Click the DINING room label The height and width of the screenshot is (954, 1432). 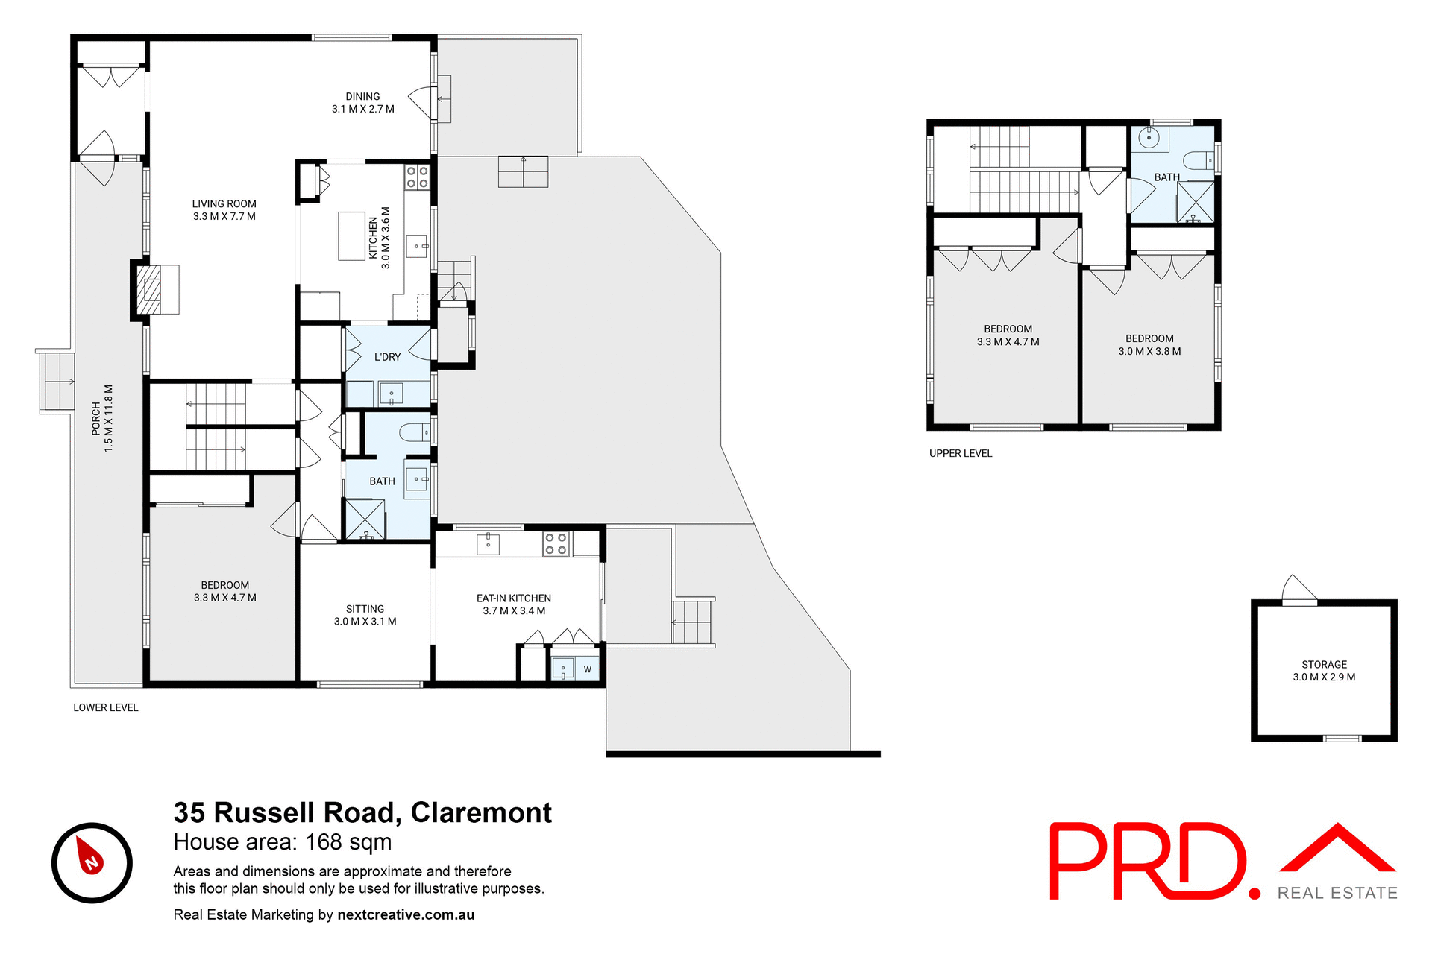point(362,102)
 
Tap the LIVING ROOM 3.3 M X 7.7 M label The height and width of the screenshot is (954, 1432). point(224,209)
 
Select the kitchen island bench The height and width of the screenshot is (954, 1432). point(351,236)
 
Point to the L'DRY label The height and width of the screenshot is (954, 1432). point(387,357)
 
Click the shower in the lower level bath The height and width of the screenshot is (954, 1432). point(365,519)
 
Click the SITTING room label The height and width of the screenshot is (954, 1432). point(365,615)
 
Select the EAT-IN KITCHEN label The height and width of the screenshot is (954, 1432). point(513,604)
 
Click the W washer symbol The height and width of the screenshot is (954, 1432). point(587,669)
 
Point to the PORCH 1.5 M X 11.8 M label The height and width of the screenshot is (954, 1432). point(102,418)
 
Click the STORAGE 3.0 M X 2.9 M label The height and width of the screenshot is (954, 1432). point(1324,670)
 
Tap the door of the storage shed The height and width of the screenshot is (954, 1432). point(1298,589)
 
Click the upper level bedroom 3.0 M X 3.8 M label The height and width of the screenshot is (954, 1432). point(1149,344)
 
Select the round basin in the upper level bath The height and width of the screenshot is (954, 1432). point(1149,137)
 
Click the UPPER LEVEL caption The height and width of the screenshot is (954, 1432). point(960,453)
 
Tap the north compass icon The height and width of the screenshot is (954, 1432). point(92,862)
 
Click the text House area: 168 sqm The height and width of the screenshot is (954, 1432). point(282,842)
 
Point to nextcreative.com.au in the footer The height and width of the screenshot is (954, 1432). point(406,914)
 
